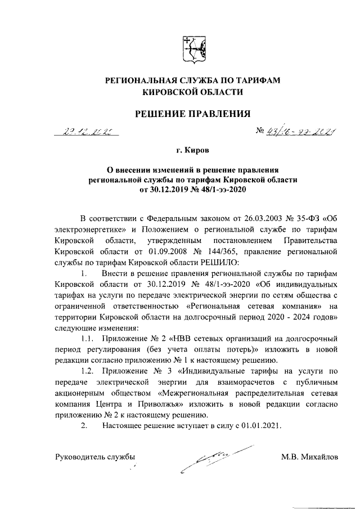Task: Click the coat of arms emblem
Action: pos(193,51)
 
